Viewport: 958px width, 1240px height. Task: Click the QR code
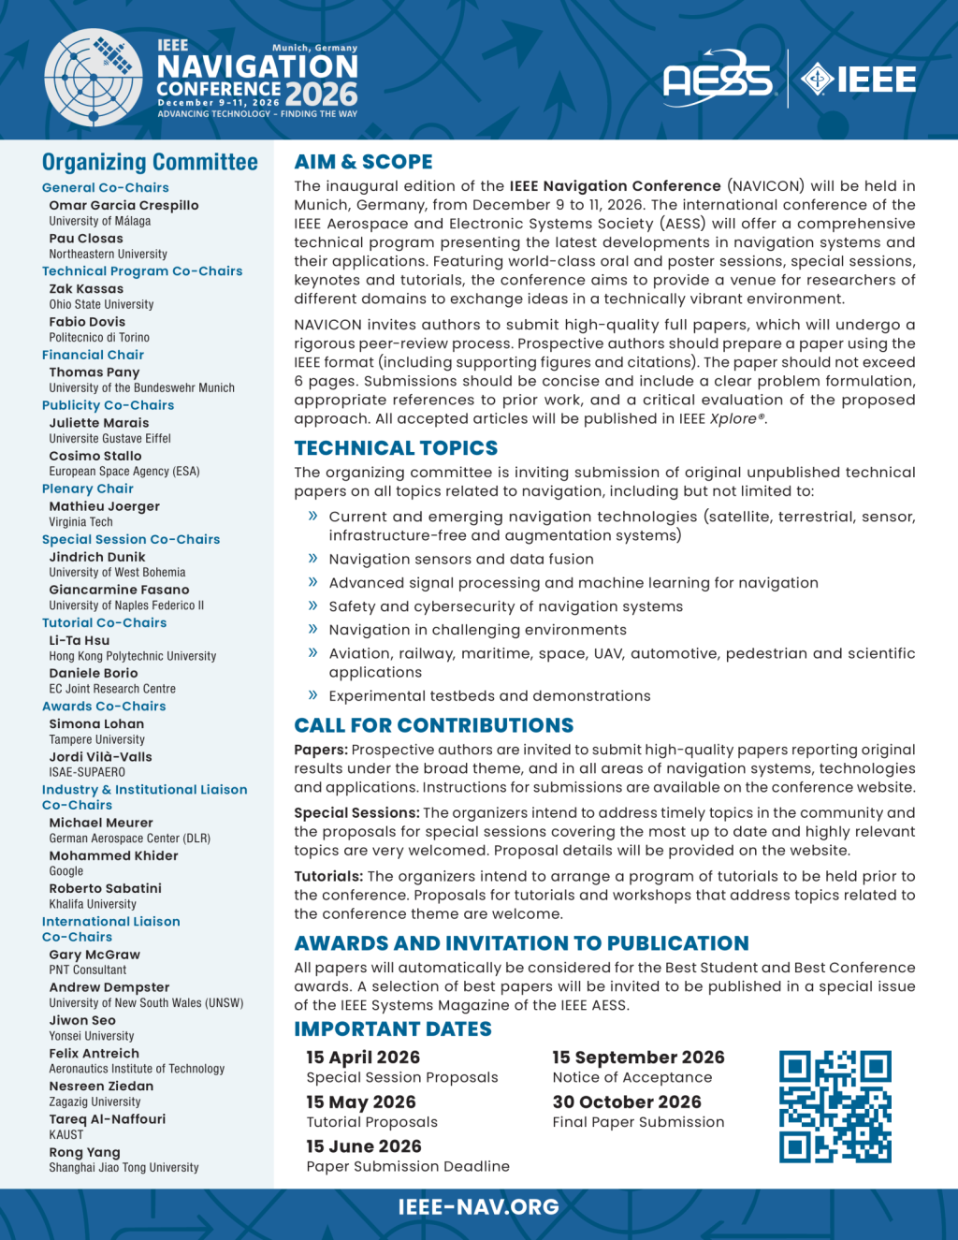[x=835, y=1106]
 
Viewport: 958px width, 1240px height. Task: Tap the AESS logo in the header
[x=718, y=79]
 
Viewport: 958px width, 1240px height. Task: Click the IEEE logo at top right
[x=859, y=80]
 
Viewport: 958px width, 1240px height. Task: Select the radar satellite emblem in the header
[x=94, y=78]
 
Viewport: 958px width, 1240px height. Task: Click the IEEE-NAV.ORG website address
[x=478, y=1207]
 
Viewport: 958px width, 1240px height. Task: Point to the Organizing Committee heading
[x=150, y=163]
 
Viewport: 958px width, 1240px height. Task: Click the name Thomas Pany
[x=94, y=372]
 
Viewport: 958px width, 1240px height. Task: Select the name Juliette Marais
[x=99, y=423]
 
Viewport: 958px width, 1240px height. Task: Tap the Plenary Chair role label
[x=88, y=489]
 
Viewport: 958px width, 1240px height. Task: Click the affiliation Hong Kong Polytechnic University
[x=133, y=656]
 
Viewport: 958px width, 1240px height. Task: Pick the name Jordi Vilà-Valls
[x=100, y=757]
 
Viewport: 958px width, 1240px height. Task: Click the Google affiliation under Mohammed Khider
[x=66, y=871]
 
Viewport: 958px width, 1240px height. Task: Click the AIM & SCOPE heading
[x=363, y=162]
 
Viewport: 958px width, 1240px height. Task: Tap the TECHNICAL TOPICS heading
[x=396, y=448]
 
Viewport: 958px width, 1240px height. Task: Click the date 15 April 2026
[x=363, y=1058]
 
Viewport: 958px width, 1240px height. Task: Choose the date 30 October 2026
[x=627, y=1102]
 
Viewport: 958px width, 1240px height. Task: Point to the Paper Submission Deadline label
[x=408, y=1166]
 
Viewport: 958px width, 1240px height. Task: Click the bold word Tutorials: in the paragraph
[x=328, y=877]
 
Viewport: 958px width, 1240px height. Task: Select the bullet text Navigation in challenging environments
[x=477, y=630]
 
